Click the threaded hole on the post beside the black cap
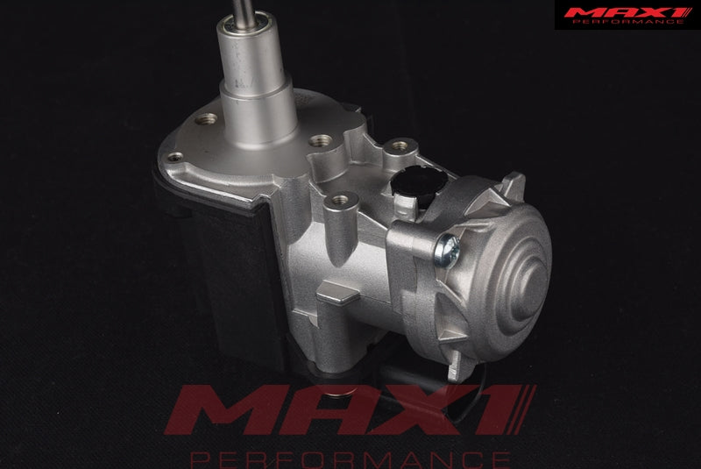[x=399, y=146]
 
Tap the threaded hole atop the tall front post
[x=340, y=198]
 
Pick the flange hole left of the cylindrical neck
[x=206, y=118]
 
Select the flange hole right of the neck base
[x=320, y=140]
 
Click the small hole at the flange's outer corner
[x=174, y=157]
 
